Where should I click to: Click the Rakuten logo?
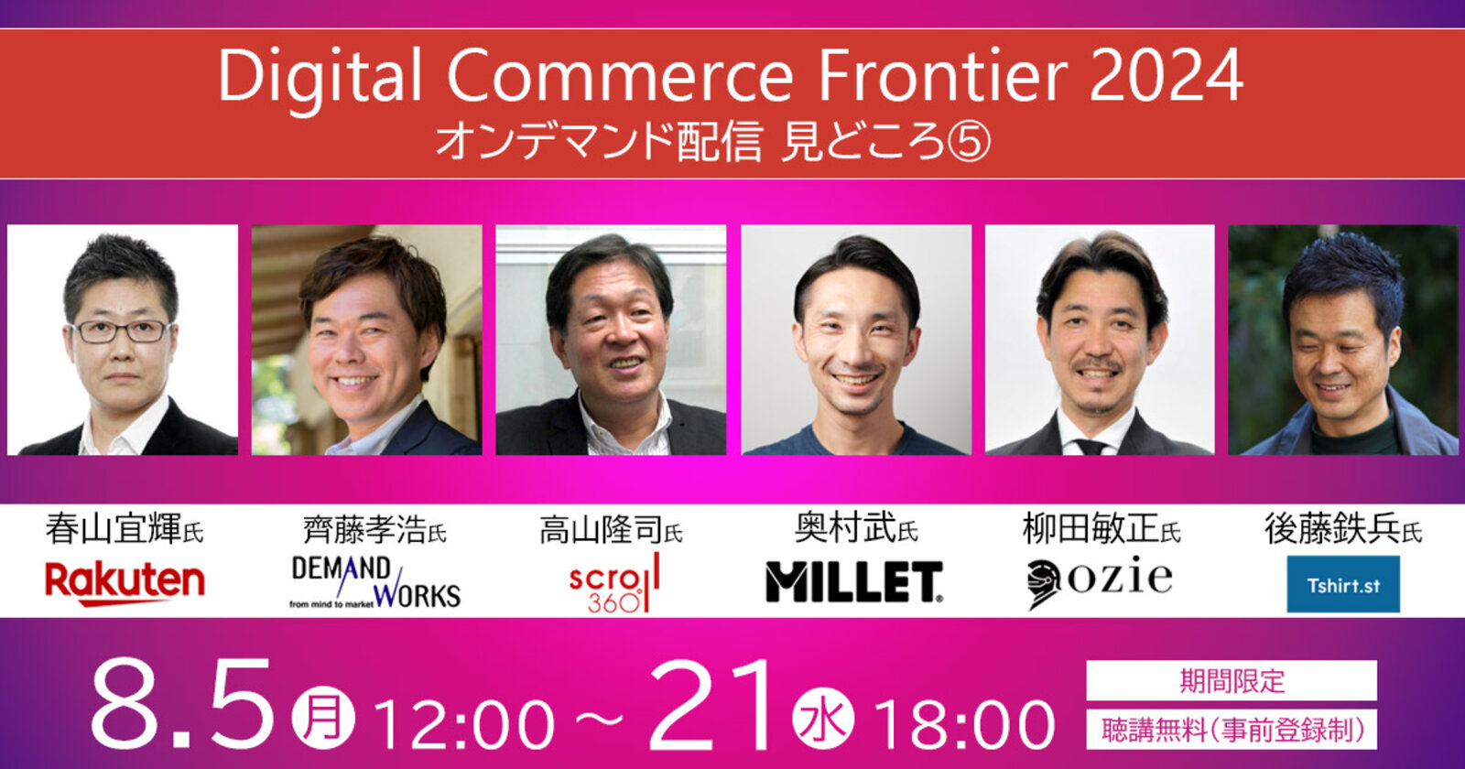[125, 584]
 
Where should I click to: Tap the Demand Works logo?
[375, 582]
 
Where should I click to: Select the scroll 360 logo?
[614, 582]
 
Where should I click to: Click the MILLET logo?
[854, 581]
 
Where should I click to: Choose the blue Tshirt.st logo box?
[1343, 584]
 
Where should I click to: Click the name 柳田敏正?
[1091, 528]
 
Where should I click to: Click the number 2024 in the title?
[1167, 76]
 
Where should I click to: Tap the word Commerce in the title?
[620, 76]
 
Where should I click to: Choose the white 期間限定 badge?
[1232, 681]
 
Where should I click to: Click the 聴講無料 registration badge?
[1232, 730]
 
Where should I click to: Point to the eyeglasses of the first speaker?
[123, 330]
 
